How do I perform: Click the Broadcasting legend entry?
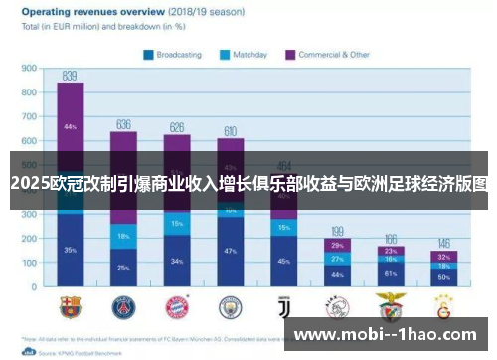[x=179, y=54]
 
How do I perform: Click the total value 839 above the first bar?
[x=70, y=76]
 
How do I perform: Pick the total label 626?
[x=177, y=127]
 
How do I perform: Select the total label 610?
[x=230, y=131]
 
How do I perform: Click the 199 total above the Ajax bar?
[x=337, y=231]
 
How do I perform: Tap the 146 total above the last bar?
[x=443, y=243]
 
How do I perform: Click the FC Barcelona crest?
[x=70, y=302]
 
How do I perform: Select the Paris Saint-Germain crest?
[x=123, y=302]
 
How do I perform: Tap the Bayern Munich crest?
[x=177, y=302]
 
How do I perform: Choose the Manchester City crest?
[x=230, y=302]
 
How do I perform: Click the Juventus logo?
[x=283, y=302]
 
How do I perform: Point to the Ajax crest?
[x=337, y=302]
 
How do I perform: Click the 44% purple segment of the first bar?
[x=70, y=128]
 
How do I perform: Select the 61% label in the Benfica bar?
[x=391, y=272]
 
